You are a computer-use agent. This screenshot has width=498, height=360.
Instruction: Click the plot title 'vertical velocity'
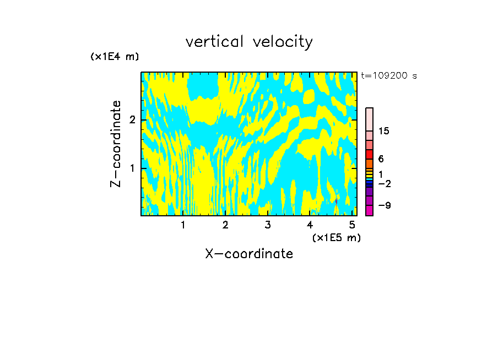[x=249, y=42]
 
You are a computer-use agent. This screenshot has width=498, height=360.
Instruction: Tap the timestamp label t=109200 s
[x=388, y=75]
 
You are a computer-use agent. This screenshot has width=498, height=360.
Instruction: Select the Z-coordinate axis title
[x=116, y=144]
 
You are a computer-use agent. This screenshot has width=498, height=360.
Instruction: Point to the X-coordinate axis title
[x=249, y=254]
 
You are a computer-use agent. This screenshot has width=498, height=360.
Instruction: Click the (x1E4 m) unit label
[x=115, y=57]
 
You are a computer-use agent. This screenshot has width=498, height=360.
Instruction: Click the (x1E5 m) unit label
[x=336, y=237]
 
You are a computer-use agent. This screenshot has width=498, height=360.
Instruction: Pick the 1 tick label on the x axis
[x=183, y=225]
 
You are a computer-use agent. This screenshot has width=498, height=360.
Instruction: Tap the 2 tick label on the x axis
[x=225, y=225]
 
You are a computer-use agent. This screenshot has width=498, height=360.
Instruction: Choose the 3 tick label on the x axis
[x=268, y=225]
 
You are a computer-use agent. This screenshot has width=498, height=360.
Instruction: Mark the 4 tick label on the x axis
[x=310, y=225]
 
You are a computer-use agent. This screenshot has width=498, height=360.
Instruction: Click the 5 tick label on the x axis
[x=352, y=225]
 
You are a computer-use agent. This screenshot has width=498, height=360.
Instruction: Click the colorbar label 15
[x=384, y=131]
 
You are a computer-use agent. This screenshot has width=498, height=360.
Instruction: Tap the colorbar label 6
[x=381, y=159]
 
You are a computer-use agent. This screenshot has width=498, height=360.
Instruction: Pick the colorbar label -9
[x=384, y=205]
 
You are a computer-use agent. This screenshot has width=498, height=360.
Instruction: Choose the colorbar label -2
[x=384, y=183]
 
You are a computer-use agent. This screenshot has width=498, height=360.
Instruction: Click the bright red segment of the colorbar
[x=369, y=154]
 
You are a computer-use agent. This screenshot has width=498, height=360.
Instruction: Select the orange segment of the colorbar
[x=369, y=163]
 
